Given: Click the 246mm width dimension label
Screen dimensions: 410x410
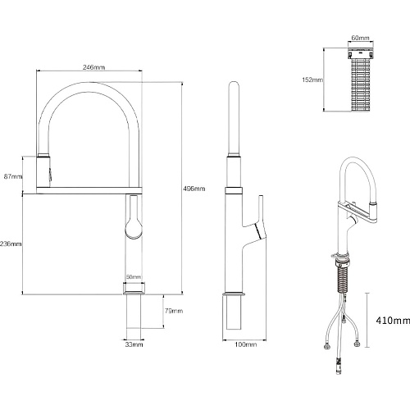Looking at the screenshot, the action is pyautogui.click(x=93, y=67).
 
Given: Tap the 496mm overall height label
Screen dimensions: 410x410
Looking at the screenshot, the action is pyautogui.click(x=194, y=189).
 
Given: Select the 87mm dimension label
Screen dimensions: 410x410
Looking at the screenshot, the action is pyautogui.click(x=13, y=176).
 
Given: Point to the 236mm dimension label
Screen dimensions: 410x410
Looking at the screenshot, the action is pyautogui.click(x=11, y=244).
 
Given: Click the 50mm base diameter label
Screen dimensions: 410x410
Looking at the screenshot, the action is pyautogui.click(x=134, y=277).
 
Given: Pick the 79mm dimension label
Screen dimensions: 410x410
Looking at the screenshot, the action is pyautogui.click(x=174, y=311).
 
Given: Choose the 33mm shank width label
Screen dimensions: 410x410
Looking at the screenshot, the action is pyautogui.click(x=134, y=344).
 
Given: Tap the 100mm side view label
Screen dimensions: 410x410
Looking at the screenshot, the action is pyautogui.click(x=246, y=344).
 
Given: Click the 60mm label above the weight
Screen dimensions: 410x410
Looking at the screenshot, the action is pyautogui.click(x=360, y=38).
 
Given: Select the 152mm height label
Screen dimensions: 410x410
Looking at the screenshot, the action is pyautogui.click(x=312, y=80).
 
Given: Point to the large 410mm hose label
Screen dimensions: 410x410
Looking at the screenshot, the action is pyautogui.click(x=393, y=321).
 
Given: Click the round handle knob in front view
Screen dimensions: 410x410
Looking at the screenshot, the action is pyautogui.click(x=134, y=229).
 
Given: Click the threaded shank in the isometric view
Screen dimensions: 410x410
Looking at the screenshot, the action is pyautogui.click(x=343, y=278).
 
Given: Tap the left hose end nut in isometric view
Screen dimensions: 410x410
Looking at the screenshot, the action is pyautogui.click(x=326, y=347).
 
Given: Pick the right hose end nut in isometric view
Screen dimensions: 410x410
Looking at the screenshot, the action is pyautogui.click(x=357, y=344).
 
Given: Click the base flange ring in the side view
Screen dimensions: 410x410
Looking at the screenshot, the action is pyautogui.click(x=234, y=294).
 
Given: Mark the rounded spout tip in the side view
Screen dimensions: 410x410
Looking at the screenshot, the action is pyautogui.click(x=234, y=85).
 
